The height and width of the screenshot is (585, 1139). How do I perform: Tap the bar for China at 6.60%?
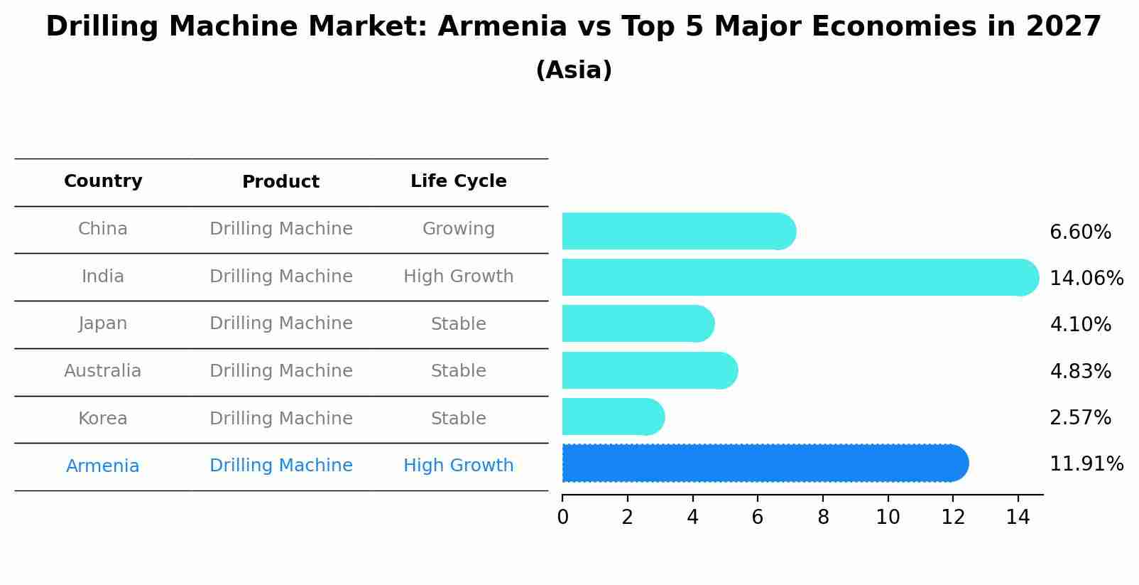678,231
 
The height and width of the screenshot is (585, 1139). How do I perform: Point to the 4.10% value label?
1080,325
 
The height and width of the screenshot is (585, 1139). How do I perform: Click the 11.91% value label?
1086,464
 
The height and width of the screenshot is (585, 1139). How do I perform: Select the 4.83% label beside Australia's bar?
1080,371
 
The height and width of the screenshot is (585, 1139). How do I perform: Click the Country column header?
103,181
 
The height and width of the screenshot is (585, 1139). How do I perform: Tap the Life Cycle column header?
458,181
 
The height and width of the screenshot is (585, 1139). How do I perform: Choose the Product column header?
280,182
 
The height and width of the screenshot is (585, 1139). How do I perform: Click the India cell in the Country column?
103,277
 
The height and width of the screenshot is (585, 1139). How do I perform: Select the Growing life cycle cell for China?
458,229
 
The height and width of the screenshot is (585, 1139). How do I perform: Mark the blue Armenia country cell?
103,466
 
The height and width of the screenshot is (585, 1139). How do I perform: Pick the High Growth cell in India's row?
458,277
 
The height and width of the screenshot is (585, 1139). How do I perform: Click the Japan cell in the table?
103,323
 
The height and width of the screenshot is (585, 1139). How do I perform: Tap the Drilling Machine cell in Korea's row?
280,419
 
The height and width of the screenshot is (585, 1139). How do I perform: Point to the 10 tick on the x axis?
888,517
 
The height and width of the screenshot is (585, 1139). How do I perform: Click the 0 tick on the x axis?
562,517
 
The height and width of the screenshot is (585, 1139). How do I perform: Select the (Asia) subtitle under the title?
573,70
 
